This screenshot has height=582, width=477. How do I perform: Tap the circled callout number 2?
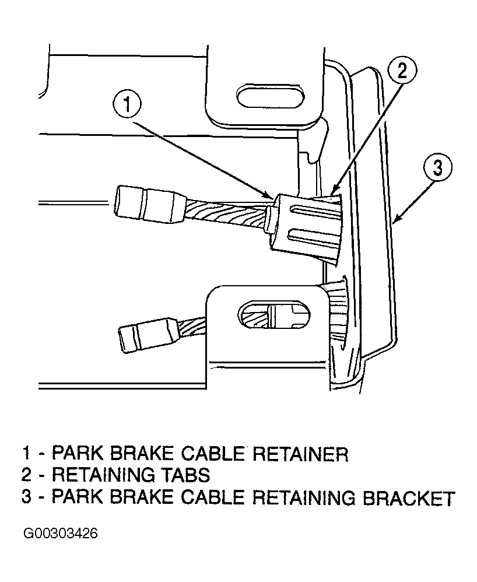[x=402, y=71]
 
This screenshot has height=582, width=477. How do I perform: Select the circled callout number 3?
[x=438, y=168]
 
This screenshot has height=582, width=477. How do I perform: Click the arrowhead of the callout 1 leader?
[x=271, y=195]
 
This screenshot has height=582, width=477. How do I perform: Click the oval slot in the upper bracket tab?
[x=271, y=97]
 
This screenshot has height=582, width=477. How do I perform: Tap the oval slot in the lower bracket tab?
[x=273, y=315]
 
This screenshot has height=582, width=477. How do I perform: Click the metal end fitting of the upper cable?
[x=149, y=205]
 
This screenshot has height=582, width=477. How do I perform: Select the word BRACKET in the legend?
[x=408, y=497]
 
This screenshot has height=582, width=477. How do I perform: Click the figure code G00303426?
[x=60, y=534]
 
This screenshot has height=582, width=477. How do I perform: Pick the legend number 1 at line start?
[x=26, y=454]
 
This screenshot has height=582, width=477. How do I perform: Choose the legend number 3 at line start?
[x=26, y=497]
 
